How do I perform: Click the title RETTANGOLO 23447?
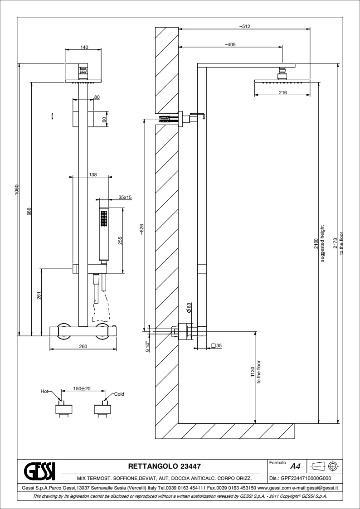tap(165, 465)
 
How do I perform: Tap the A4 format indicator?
tap(295, 466)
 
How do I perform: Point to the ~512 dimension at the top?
tap(245, 27)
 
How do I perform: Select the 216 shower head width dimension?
tap(283, 92)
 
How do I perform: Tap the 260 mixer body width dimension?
tap(83, 346)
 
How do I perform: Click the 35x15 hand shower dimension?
tap(125, 197)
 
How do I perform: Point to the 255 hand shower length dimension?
tap(121, 241)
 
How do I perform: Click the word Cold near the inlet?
tap(119, 393)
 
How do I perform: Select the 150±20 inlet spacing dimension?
tap(83, 389)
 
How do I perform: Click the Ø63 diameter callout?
tap(189, 308)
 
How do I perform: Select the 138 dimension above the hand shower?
tap(92, 174)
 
